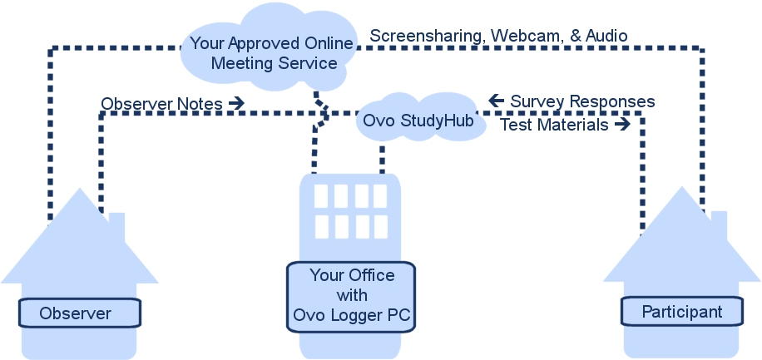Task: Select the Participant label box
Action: point(681,312)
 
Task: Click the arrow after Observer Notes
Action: point(235,103)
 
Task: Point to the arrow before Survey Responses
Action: point(497,101)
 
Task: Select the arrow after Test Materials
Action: point(621,124)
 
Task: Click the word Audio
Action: point(605,36)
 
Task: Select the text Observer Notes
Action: point(161,104)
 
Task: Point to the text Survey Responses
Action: point(582,101)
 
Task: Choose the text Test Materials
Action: point(553,125)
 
